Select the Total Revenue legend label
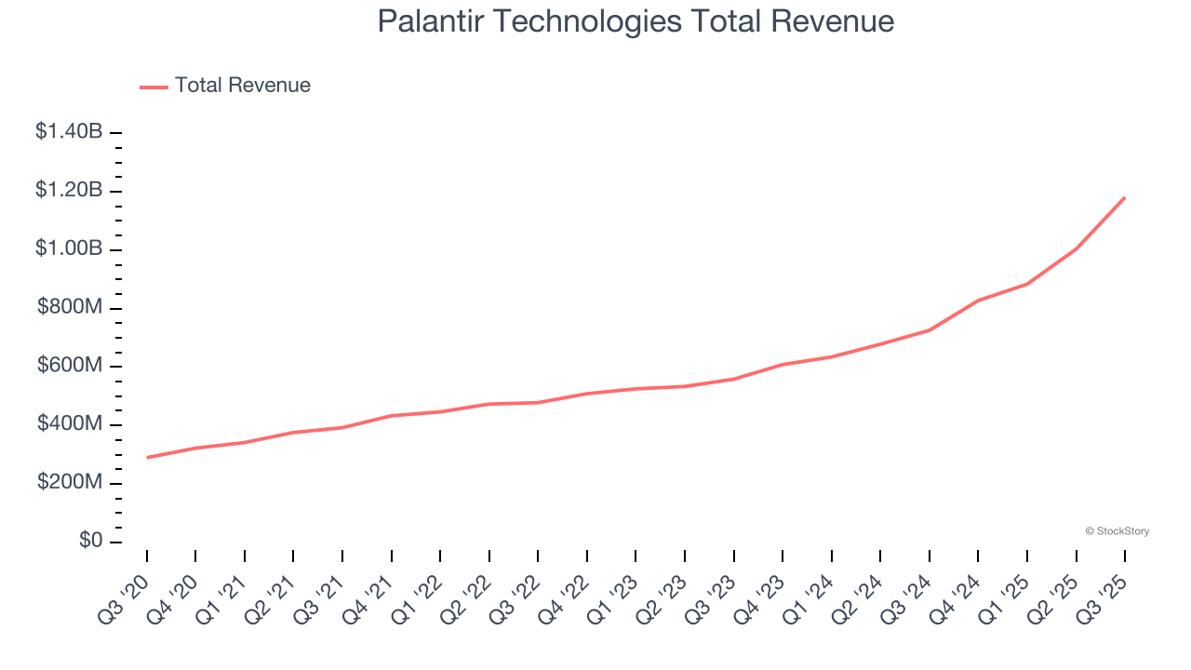pos(242,86)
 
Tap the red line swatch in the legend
pos(154,87)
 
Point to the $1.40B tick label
pos(69,132)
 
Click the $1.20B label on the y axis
pos(69,191)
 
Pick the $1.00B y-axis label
pos(69,249)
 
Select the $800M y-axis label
pos(70,308)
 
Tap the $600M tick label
pos(70,367)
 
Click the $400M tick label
pos(70,424)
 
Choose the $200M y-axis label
pos(70,483)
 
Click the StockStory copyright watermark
pos(1117,531)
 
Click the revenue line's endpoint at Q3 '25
pos(1125,197)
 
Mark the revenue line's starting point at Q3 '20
pos(147,458)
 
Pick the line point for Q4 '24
pos(978,301)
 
